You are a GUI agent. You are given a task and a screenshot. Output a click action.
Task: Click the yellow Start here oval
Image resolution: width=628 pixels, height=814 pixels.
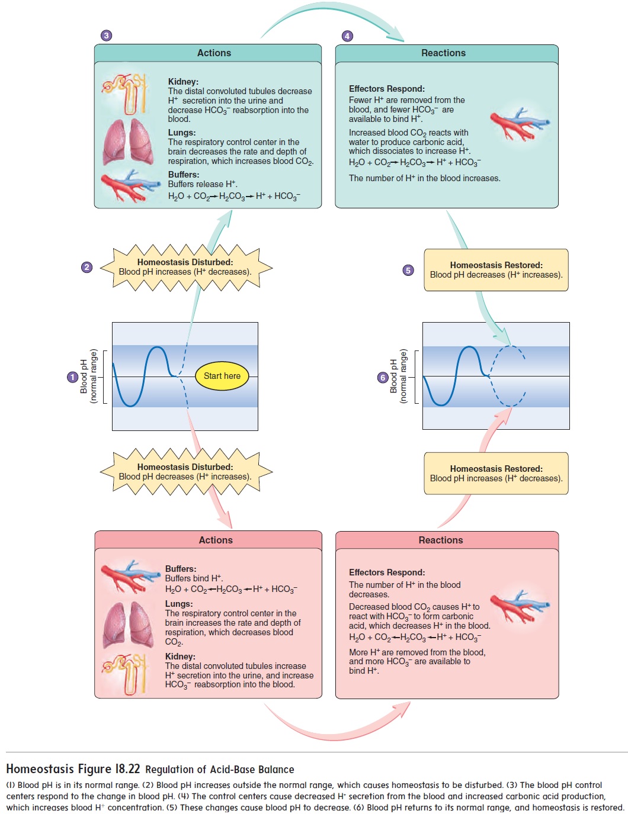[222, 376]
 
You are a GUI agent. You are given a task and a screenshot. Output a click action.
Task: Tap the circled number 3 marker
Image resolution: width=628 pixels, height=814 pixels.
[106, 36]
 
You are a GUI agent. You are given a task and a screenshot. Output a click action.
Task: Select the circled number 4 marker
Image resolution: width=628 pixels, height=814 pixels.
[348, 36]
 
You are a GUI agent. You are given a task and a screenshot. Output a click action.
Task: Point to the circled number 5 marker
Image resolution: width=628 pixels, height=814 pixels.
[408, 270]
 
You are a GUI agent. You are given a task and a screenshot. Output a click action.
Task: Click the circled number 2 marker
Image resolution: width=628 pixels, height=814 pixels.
[87, 267]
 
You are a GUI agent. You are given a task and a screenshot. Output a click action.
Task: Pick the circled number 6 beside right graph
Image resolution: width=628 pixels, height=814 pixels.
[383, 377]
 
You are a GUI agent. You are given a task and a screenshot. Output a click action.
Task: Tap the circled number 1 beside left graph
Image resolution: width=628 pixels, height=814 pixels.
[72, 377]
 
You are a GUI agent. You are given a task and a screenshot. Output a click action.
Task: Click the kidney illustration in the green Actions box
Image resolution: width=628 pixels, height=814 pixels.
[126, 93]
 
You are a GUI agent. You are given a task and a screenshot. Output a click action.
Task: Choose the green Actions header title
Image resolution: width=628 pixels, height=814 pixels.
[214, 53]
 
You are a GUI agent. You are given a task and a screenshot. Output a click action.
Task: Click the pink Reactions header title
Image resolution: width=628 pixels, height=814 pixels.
[441, 540]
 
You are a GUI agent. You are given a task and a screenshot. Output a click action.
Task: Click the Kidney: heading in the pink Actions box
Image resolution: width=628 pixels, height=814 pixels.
[180, 657]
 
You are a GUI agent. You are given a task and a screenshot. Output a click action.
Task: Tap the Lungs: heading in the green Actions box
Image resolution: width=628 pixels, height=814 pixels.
[182, 133]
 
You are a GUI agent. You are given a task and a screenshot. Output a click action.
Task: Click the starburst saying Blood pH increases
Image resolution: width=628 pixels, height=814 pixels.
[185, 268]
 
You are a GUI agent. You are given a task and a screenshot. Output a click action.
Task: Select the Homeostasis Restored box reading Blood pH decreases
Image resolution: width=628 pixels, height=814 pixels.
[496, 270]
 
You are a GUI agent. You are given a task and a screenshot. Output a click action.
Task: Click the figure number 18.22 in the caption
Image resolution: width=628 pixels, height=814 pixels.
[127, 769]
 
